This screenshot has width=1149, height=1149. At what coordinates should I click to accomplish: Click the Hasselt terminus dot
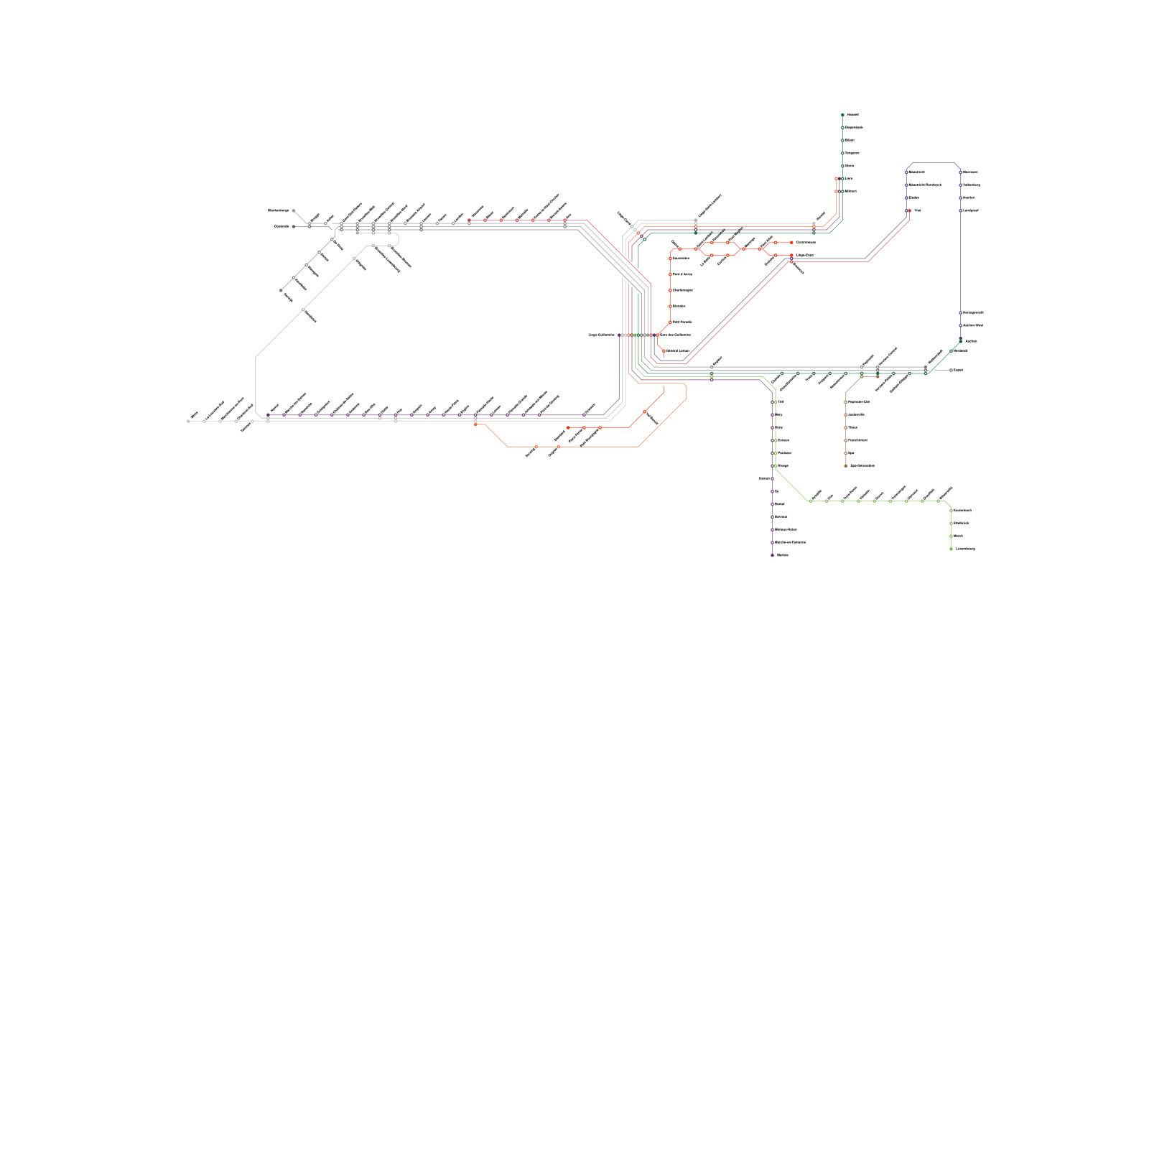[x=842, y=115]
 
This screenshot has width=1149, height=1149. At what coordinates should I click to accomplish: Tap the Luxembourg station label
[x=965, y=549]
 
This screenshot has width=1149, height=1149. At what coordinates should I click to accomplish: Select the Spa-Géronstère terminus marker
[x=845, y=466]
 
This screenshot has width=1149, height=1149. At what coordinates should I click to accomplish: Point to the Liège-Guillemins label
[x=601, y=335]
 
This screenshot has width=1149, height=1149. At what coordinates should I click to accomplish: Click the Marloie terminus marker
[x=773, y=555]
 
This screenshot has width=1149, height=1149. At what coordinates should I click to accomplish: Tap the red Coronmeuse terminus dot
[x=791, y=243]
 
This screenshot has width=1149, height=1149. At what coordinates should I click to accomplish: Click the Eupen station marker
[x=951, y=371]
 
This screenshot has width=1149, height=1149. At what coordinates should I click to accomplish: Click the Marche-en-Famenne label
[x=790, y=543]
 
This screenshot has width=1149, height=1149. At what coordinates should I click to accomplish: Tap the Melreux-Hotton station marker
[x=773, y=530]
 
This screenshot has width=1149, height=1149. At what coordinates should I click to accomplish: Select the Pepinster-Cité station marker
[x=845, y=402]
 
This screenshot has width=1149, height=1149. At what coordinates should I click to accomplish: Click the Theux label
[x=852, y=428]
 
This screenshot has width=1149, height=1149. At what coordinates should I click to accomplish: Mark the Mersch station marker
[x=951, y=536]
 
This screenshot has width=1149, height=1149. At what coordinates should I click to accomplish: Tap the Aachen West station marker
[x=961, y=326]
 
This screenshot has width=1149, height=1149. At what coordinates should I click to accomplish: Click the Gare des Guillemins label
[x=675, y=335]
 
